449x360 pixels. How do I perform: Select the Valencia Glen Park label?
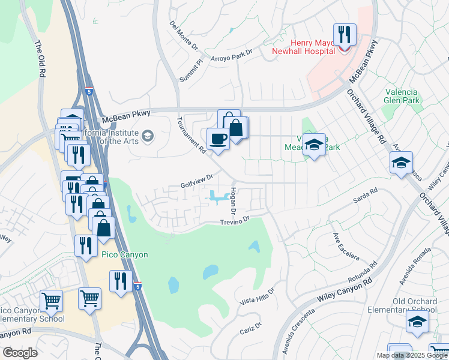(x=400, y=96)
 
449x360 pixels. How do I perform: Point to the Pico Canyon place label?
(x=124, y=255)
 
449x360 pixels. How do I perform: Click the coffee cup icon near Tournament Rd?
(x=218, y=139)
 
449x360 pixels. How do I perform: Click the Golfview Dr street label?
(x=197, y=181)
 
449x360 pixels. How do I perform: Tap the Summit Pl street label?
(x=191, y=71)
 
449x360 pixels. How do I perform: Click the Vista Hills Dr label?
(x=257, y=295)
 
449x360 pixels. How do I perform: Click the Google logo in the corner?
(x=20, y=353)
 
